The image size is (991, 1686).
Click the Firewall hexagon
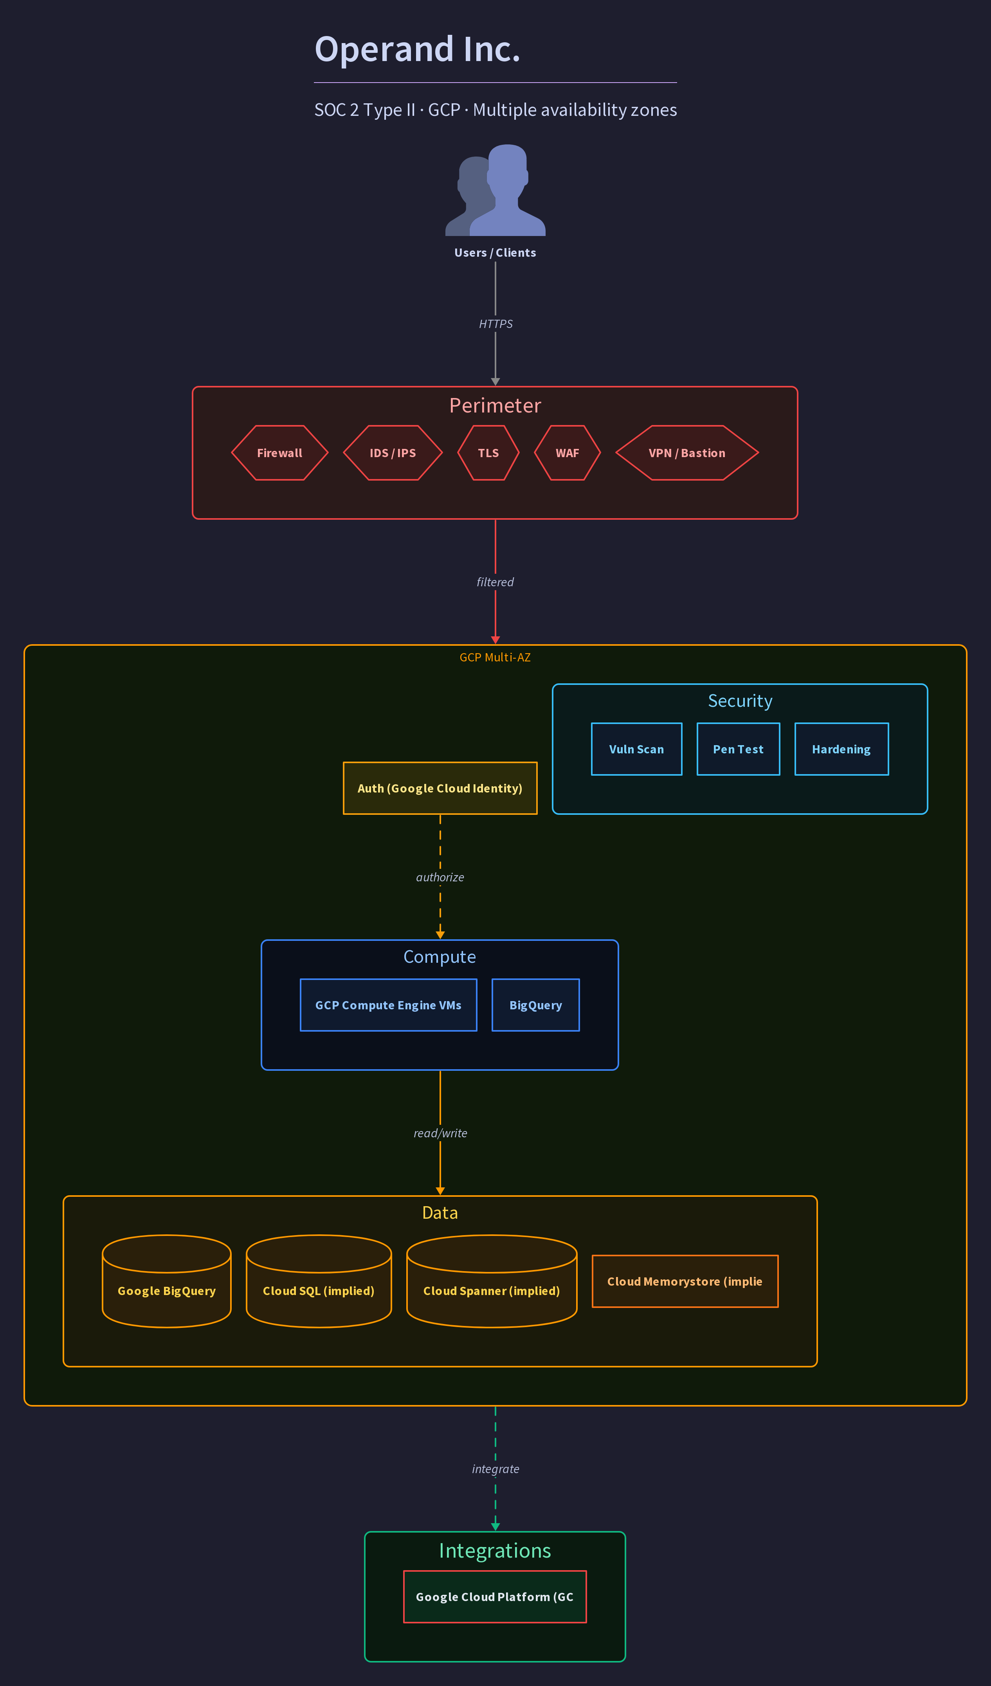280,453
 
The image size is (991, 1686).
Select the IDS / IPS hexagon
393,453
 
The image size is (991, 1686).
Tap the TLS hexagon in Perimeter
488,453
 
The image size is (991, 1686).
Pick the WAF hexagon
568,453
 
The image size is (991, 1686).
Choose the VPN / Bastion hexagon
687,453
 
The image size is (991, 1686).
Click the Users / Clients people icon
495,190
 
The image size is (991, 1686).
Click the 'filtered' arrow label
495,582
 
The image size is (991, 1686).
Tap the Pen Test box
739,749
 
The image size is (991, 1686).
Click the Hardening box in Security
842,749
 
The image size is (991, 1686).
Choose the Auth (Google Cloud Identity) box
440,788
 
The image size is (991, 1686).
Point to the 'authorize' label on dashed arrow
440,877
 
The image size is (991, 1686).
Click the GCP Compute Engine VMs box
389,1005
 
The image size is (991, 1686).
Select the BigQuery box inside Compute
536,1005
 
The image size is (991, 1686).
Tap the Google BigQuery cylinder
167,1281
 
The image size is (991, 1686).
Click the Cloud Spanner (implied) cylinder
492,1281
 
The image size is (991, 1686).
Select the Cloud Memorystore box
685,1281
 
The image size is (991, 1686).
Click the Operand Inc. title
418,50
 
